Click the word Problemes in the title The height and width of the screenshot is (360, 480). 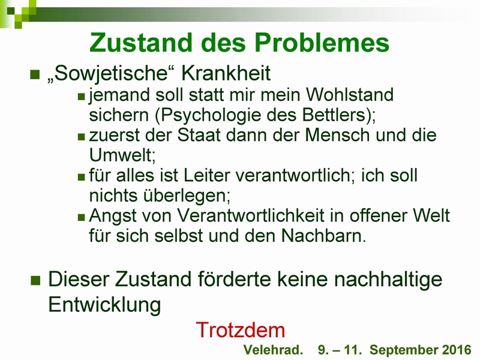[x=322, y=43]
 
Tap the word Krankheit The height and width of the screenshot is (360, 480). [x=226, y=73]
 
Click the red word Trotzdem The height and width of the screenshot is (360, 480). [x=241, y=330]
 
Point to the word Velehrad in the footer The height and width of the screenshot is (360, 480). [x=273, y=350]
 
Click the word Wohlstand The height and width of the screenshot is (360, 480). [x=350, y=94]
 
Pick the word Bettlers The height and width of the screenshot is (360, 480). [x=335, y=115]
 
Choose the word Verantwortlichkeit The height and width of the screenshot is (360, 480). [x=251, y=215]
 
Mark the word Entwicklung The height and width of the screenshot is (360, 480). [x=104, y=305]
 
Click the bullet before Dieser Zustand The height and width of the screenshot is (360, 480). [x=35, y=280]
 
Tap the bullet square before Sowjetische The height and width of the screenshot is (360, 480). [x=35, y=74]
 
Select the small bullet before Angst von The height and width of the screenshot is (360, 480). [x=81, y=217]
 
